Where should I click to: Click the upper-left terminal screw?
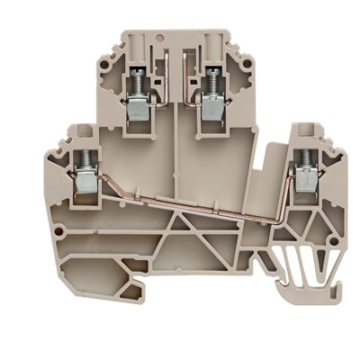point(140,82)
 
